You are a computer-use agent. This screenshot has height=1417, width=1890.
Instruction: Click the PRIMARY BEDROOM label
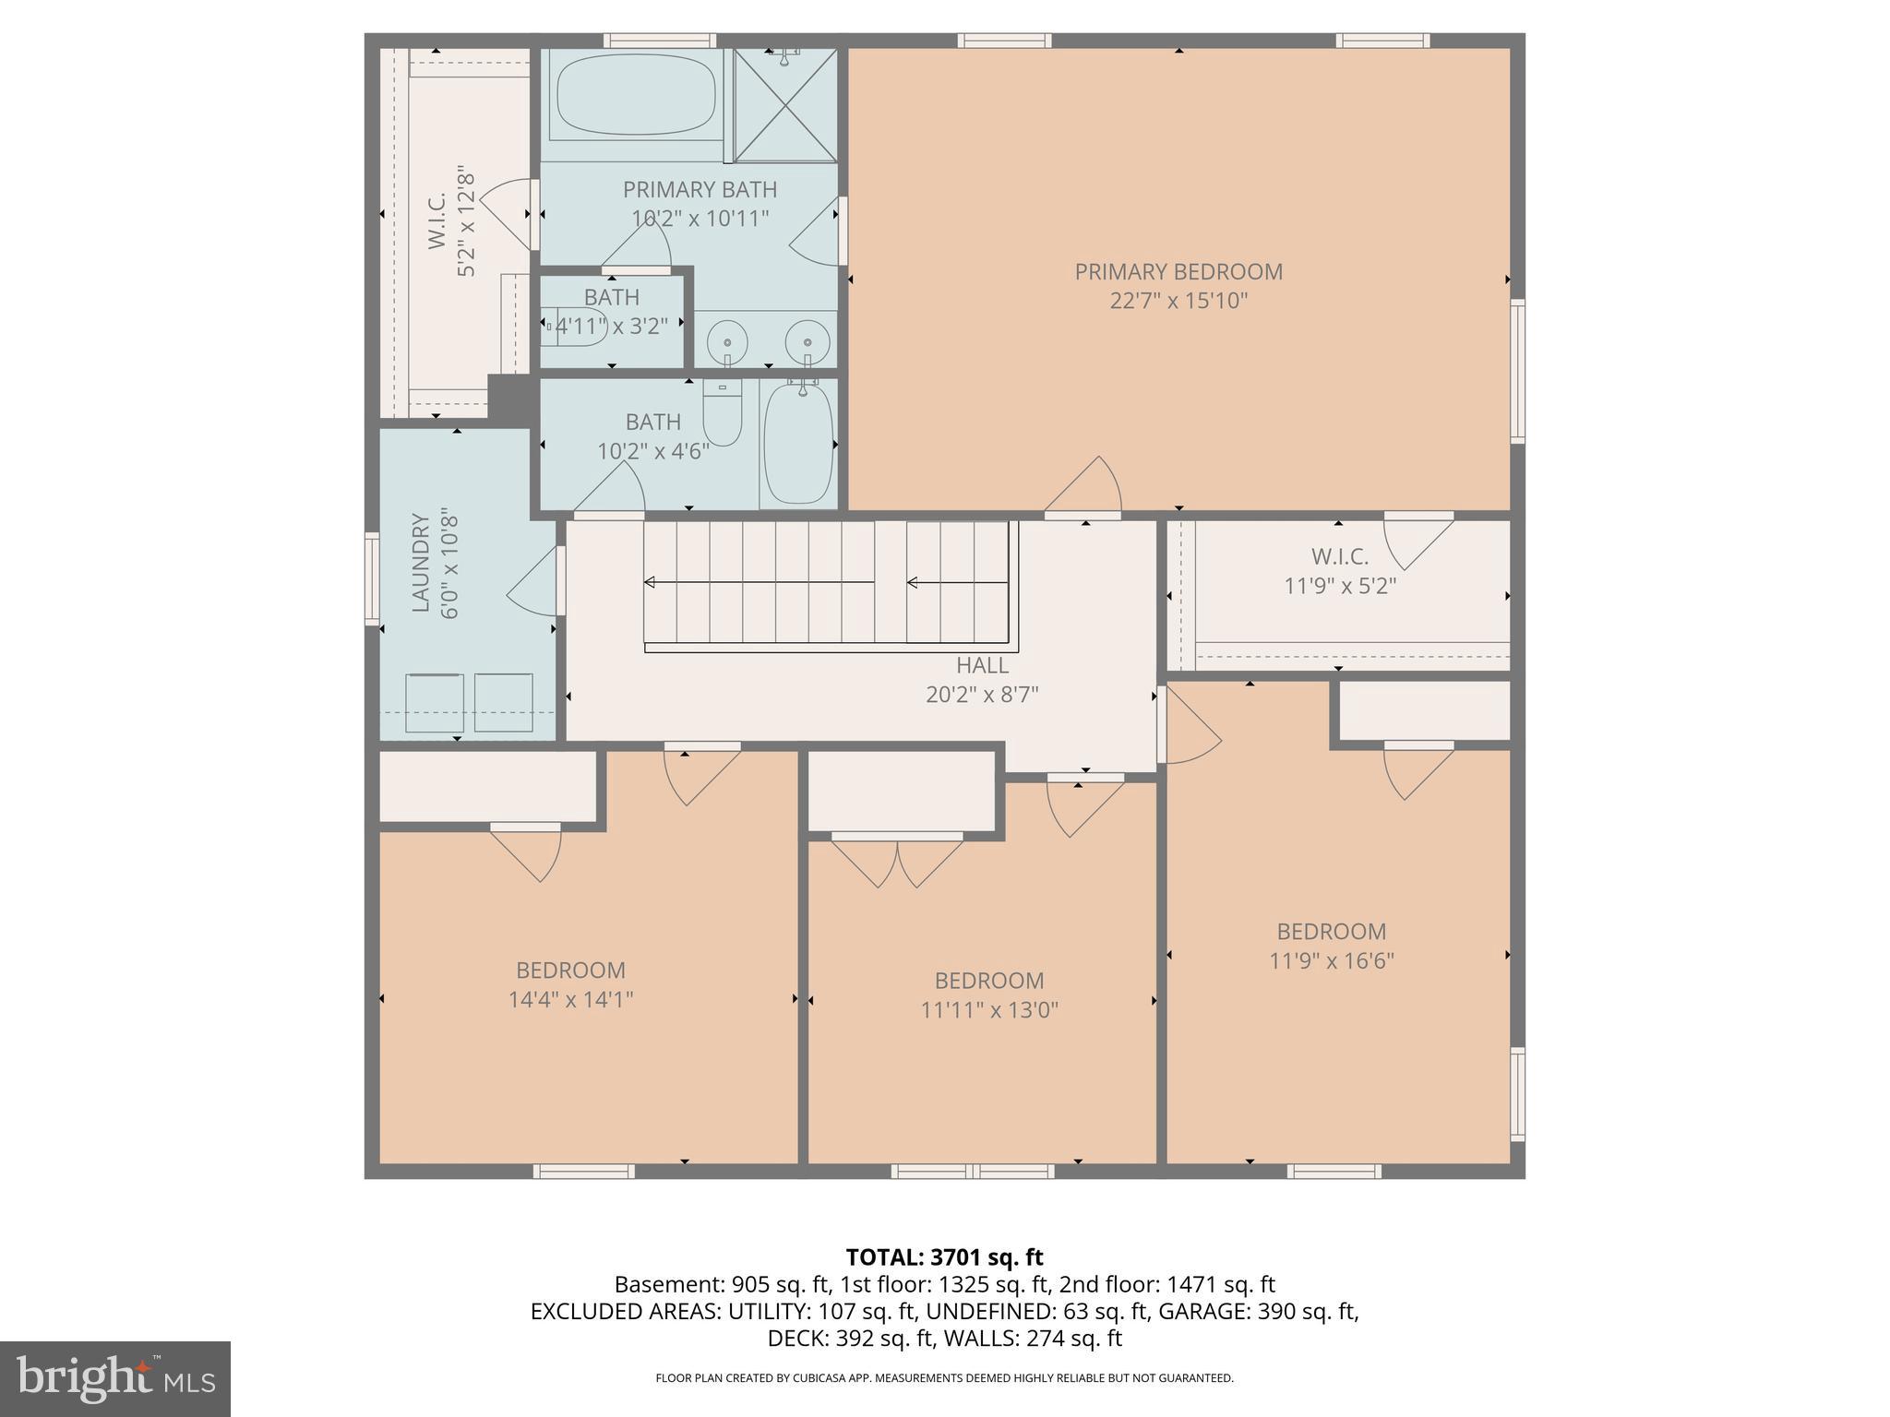coord(1178,272)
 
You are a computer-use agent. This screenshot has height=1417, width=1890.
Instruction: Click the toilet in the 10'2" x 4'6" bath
coord(722,414)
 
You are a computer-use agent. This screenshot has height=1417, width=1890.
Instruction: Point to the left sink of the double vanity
coord(727,342)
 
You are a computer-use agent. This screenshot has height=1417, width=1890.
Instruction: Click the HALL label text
coord(982,665)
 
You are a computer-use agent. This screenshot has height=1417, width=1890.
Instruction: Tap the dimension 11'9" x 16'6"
coord(1331,961)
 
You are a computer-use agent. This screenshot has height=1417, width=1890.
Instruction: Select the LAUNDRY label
coord(421,563)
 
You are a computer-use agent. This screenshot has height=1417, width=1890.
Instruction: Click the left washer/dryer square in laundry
coord(435,703)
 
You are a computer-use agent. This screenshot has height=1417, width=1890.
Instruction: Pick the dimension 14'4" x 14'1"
coord(570,999)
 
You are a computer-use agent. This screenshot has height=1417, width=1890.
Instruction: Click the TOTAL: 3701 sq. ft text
coord(944,1257)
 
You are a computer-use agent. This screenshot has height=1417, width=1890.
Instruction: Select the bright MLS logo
coord(114,1378)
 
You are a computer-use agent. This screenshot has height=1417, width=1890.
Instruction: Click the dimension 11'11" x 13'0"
coord(989,1010)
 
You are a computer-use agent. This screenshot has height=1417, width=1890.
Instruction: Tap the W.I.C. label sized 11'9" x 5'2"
coord(1339,557)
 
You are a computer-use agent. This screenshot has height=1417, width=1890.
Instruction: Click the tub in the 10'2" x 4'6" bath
coord(798,444)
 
